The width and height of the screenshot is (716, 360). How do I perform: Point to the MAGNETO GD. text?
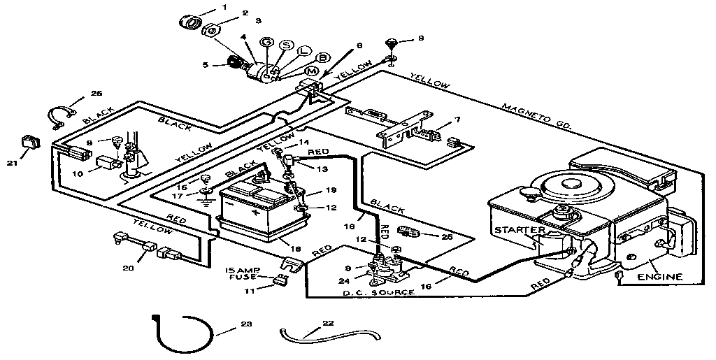pos(537,117)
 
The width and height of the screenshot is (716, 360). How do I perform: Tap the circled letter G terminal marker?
pos(266,42)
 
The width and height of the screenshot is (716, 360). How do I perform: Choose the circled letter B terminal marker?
pos(323,57)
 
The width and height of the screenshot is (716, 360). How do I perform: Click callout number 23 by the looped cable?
pos(245,324)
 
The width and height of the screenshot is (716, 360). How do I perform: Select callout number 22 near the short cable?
pos(329,323)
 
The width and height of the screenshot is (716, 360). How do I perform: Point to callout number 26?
pos(96,93)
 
